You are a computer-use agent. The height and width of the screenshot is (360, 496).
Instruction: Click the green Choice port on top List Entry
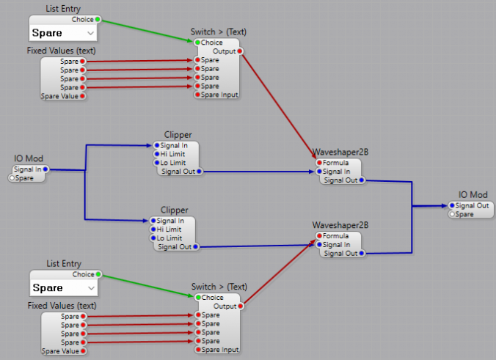point(98,20)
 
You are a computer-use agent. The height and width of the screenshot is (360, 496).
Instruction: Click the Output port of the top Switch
point(240,51)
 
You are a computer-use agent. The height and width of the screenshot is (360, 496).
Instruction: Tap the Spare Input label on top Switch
point(220,95)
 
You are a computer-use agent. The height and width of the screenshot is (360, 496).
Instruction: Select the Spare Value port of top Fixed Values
point(82,96)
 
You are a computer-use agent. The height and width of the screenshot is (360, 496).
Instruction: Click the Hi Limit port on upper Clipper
point(156,154)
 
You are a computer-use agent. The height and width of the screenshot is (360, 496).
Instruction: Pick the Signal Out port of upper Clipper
point(199,172)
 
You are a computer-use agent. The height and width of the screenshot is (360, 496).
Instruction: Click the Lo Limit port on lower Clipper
point(152,238)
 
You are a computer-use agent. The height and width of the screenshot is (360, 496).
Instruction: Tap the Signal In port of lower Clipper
point(152,221)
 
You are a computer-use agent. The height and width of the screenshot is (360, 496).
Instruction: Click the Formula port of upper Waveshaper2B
point(318,163)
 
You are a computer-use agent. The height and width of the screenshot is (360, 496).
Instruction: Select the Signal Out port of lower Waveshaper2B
point(362,254)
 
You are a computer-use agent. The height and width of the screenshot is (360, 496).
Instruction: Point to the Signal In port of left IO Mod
point(45,169)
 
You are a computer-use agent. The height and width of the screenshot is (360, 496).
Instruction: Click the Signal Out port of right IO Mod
point(452,205)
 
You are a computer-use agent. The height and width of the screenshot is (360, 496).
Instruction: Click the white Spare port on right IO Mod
point(452,214)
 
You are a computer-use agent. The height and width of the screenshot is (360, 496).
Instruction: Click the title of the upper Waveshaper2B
point(340,153)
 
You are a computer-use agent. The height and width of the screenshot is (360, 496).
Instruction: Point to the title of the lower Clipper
point(174,210)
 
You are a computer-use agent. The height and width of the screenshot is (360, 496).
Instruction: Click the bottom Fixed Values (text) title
point(62,305)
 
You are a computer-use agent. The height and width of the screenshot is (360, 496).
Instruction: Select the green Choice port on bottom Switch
point(197,297)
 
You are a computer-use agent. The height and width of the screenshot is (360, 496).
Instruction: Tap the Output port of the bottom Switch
point(240,306)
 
